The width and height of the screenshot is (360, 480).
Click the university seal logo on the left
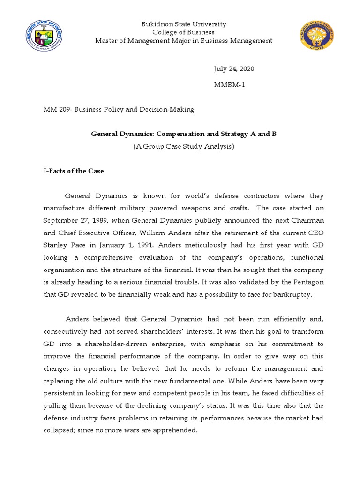[x=44, y=37]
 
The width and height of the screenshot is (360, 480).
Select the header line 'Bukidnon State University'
[x=184, y=24]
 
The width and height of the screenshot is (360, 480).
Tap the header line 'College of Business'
[x=184, y=32]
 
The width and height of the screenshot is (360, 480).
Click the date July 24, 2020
[x=234, y=68]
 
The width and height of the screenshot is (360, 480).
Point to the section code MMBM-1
[x=230, y=85]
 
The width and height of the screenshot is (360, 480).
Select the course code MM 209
[x=56, y=110]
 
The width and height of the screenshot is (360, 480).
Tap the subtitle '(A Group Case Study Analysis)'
[x=183, y=147]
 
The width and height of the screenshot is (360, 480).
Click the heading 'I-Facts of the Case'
[x=74, y=171]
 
